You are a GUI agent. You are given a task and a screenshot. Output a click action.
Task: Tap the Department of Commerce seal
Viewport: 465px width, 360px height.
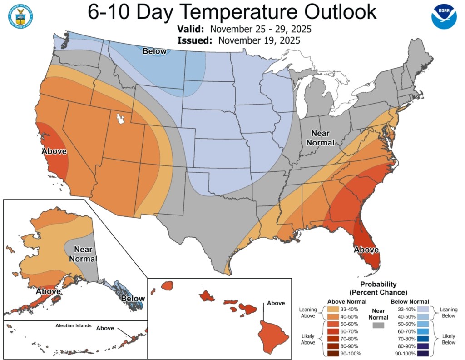pyautogui.click(x=20, y=17)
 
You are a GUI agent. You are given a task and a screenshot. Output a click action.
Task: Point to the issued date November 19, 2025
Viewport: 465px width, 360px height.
pyautogui.click(x=258, y=40)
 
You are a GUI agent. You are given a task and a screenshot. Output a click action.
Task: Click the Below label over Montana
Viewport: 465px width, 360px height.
pyautogui.click(x=155, y=51)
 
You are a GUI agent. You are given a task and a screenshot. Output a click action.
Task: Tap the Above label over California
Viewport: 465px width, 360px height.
pyautogui.click(x=54, y=151)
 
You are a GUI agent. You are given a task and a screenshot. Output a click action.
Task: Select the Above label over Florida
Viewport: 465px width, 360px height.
pyautogui.click(x=366, y=249)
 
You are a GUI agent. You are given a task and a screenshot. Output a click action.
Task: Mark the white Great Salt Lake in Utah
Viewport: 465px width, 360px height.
pyautogui.click(x=120, y=119)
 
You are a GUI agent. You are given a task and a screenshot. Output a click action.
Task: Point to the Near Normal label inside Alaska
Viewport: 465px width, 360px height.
pyautogui.click(x=85, y=254)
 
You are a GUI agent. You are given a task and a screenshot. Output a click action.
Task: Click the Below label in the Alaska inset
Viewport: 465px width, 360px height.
pyautogui.click(x=133, y=299)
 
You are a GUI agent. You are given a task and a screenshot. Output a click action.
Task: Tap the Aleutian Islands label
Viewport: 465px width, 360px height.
pyautogui.click(x=74, y=326)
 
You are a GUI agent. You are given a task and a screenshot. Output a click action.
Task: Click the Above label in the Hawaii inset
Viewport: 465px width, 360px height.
pyautogui.click(x=276, y=303)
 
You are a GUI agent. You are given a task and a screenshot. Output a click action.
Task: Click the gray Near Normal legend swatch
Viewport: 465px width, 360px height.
pyautogui.click(x=378, y=325)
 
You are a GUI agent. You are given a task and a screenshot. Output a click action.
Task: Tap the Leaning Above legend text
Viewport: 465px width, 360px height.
pyautogui.click(x=307, y=313)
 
